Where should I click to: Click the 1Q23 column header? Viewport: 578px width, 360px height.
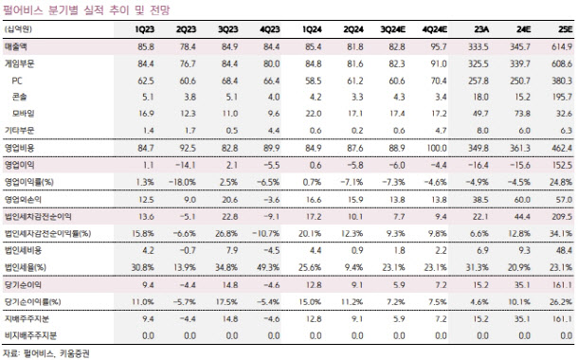click(144, 29)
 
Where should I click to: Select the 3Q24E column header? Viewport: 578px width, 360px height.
click(393, 29)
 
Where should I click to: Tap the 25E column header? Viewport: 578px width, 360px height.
click(566, 29)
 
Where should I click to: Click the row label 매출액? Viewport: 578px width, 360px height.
click(15, 46)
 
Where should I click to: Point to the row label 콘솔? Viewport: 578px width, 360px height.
click(19, 97)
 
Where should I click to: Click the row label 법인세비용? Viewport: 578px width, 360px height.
click(23, 250)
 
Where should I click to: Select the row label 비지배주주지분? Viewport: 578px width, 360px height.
click(30, 335)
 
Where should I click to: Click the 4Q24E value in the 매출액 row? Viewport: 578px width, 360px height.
click(439, 46)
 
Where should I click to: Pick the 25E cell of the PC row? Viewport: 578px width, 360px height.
click(562, 81)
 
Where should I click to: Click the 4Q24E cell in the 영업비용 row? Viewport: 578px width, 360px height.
click(437, 148)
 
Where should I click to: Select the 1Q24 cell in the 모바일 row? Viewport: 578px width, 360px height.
click(314, 114)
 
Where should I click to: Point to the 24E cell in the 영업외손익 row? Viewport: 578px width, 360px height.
click(522, 200)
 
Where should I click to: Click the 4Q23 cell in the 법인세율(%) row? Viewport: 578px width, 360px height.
click(268, 267)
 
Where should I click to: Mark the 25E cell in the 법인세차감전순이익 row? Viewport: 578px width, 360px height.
click(562, 217)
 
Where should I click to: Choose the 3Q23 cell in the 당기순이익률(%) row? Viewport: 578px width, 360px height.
click(226, 302)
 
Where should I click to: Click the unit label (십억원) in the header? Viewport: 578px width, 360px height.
click(18, 29)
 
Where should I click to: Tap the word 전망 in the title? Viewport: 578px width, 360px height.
click(159, 10)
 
